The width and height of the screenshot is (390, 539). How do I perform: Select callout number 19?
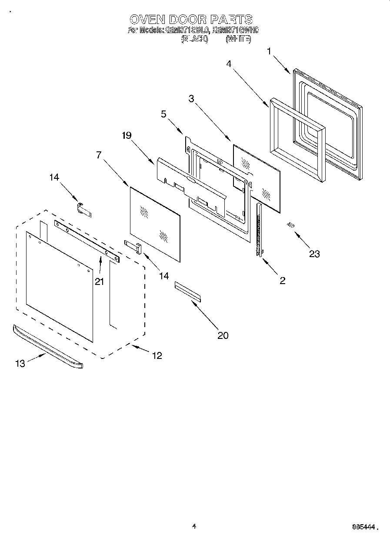coord(127,135)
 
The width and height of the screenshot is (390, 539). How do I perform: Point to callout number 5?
coord(163,114)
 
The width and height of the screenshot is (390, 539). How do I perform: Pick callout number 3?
coord(191,99)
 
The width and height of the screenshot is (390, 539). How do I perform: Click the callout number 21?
coord(100,281)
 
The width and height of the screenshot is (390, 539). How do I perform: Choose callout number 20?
coord(222,335)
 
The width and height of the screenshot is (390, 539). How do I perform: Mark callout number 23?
coord(314,254)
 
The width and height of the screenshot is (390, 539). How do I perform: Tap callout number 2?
coord(283,281)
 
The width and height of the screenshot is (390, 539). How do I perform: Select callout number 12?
coord(157,355)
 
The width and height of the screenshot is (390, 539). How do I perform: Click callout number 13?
coord(20,364)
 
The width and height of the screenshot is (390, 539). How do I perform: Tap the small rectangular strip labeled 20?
coord(188,291)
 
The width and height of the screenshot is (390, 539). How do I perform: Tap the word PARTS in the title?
coord(231,20)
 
